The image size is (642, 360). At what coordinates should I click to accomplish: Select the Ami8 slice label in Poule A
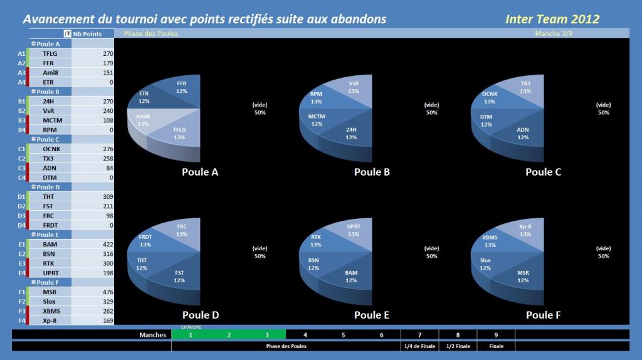coord(143,120)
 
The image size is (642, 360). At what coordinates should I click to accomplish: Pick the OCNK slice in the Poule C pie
coord(490,97)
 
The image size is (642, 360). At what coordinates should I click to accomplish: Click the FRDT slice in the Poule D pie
coord(145,240)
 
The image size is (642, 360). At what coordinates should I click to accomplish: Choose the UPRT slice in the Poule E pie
coord(354,230)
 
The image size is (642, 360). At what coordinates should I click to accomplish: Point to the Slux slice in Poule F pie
coord(486,264)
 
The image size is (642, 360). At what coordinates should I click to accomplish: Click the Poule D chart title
coord(201,315)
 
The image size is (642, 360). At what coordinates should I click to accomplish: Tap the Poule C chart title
coord(544,172)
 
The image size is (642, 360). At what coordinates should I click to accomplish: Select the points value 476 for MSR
coord(108,292)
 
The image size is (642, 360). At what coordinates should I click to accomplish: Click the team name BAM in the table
coord(50,245)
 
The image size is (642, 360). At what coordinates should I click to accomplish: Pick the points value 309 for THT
coord(108,196)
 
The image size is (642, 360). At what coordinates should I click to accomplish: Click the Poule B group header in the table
coord(48,92)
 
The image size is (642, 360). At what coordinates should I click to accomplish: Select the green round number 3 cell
coord(267,335)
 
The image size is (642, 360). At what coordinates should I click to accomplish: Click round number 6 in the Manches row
coord(382,335)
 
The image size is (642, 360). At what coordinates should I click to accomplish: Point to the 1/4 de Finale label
coord(419,346)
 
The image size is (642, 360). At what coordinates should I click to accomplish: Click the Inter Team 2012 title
coord(552,19)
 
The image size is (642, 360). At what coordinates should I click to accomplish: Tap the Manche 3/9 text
coord(554,34)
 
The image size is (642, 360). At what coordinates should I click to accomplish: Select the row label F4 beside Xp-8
coord(22,320)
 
